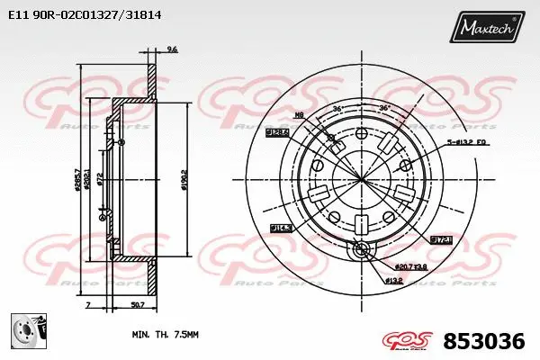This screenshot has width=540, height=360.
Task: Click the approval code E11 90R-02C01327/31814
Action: point(78,15)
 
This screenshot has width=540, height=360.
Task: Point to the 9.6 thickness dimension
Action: point(172,49)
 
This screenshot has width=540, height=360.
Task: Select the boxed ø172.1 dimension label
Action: point(440,240)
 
